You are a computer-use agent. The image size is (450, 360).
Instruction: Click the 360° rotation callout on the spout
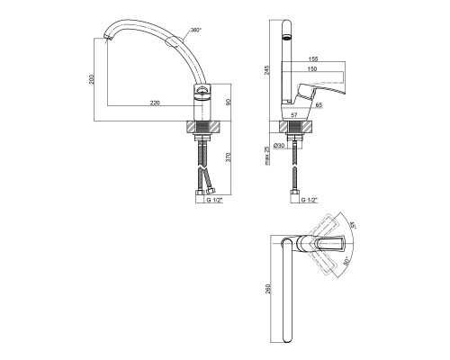click(x=196, y=31)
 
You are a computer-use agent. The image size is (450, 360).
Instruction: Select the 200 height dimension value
click(x=92, y=79)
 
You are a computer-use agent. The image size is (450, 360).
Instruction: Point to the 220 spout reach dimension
click(x=155, y=103)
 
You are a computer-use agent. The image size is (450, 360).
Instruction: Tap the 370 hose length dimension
click(x=228, y=157)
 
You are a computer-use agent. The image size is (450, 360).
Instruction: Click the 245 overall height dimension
click(x=267, y=70)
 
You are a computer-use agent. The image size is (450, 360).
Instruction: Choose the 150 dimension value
click(x=312, y=69)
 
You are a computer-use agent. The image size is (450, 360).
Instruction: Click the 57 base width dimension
click(x=294, y=114)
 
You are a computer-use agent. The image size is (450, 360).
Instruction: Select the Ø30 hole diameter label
click(x=279, y=146)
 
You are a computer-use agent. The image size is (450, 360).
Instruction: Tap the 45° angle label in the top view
click(x=353, y=225)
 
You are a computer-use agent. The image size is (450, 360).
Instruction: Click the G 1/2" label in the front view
click(x=215, y=200)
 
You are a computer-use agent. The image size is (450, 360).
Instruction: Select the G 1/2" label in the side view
click(x=309, y=200)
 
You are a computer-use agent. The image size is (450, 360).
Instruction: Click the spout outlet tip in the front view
click(x=107, y=38)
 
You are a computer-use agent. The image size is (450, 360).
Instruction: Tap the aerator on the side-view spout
click(x=287, y=38)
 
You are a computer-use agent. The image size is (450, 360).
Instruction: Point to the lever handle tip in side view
click(x=345, y=92)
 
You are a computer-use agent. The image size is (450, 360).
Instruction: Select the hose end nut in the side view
click(x=293, y=193)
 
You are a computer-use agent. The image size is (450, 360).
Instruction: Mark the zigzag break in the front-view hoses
click(x=202, y=168)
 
